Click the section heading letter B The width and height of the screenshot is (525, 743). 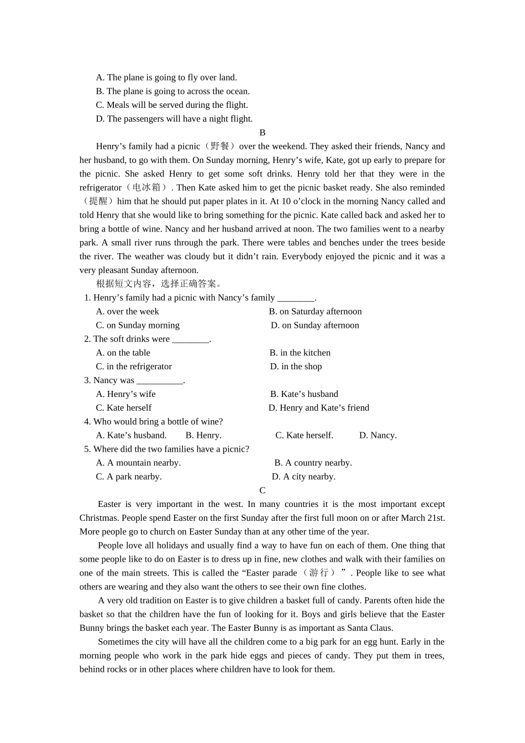[x=262, y=133]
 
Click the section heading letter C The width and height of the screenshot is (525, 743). [x=262, y=490]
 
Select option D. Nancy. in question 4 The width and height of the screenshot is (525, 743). [x=377, y=436]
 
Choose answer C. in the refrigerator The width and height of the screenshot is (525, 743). [x=134, y=367]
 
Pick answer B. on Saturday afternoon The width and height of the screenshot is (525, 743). [x=315, y=312]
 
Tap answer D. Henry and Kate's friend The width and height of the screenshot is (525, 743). [x=319, y=408]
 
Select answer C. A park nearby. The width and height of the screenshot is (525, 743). [x=129, y=477]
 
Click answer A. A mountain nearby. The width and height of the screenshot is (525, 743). [x=138, y=463]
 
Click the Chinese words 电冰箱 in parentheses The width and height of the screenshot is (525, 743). [x=146, y=188]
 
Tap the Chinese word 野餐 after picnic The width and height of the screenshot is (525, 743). [x=220, y=146]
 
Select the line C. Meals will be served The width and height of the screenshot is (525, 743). [x=172, y=105]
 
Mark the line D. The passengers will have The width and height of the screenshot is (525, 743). [x=174, y=119]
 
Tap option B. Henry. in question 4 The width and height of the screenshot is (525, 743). [x=203, y=436]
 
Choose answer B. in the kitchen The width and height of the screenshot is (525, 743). [x=300, y=353]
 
